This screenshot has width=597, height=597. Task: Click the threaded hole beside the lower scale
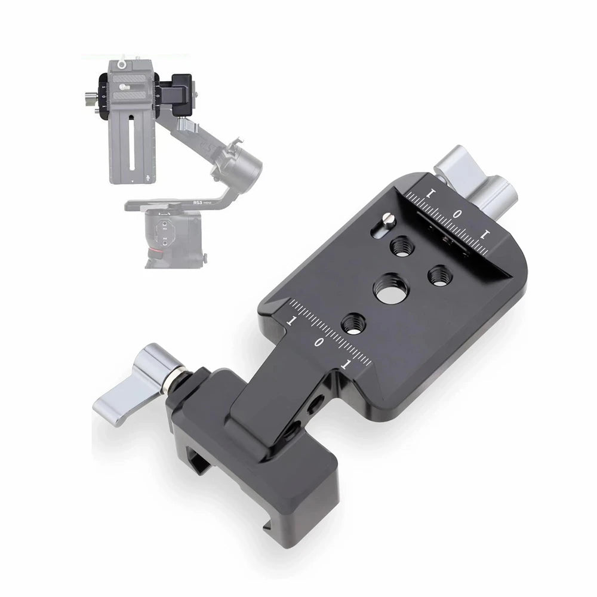pos(352,323)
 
